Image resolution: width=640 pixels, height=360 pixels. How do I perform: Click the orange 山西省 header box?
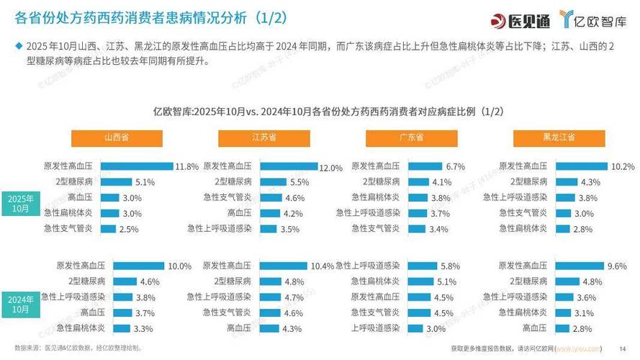coord(116,138)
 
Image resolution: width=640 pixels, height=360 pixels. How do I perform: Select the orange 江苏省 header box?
coord(264,138)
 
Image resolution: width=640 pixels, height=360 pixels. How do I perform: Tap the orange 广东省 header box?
coord(412,138)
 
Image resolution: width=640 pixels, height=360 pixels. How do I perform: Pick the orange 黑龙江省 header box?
coord(559,138)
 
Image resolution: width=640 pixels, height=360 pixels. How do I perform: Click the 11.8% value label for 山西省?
coord(186,166)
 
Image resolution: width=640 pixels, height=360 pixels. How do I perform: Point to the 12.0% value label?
coord(330,168)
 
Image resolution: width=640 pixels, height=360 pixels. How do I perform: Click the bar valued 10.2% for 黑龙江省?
coord(580,166)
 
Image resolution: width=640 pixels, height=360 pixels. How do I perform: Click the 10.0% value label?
coord(179,266)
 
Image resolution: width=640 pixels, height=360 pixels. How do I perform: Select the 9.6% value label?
coord(616,266)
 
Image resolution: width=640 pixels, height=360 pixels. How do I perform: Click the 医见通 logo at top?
coord(513,18)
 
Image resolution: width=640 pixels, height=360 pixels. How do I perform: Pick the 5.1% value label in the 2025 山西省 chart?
coord(145,182)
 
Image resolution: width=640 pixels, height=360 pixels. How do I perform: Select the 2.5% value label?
coord(129,229)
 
